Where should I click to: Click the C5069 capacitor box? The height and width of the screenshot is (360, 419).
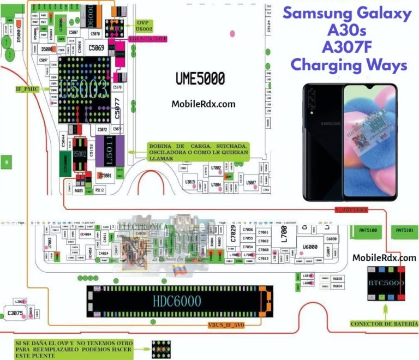coord(98,48)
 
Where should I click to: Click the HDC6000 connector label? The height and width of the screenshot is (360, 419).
coord(177,301)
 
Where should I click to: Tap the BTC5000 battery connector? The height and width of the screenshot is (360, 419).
coord(385,284)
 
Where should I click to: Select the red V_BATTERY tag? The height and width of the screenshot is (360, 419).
coord(351,209)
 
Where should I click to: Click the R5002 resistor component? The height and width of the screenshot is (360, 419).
coord(81,154)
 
